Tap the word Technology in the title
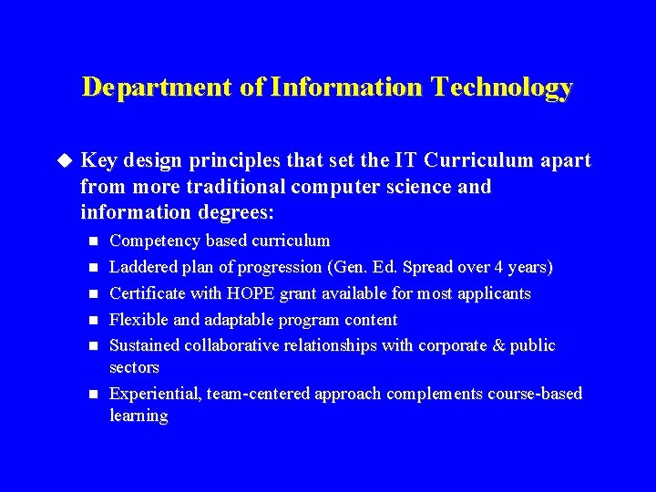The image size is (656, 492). pyautogui.click(x=502, y=87)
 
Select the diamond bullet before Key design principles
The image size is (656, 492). pyautogui.click(x=64, y=160)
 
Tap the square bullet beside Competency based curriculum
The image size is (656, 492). pyautogui.click(x=92, y=241)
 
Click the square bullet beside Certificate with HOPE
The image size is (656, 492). pyautogui.click(x=92, y=294)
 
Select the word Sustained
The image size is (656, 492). pyautogui.click(x=145, y=346)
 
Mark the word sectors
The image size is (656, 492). pyautogui.click(x=134, y=368)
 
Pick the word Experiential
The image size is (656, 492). pyautogui.click(x=155, y=395)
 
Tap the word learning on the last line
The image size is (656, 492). pyautogui.click(x=138, y=416)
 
